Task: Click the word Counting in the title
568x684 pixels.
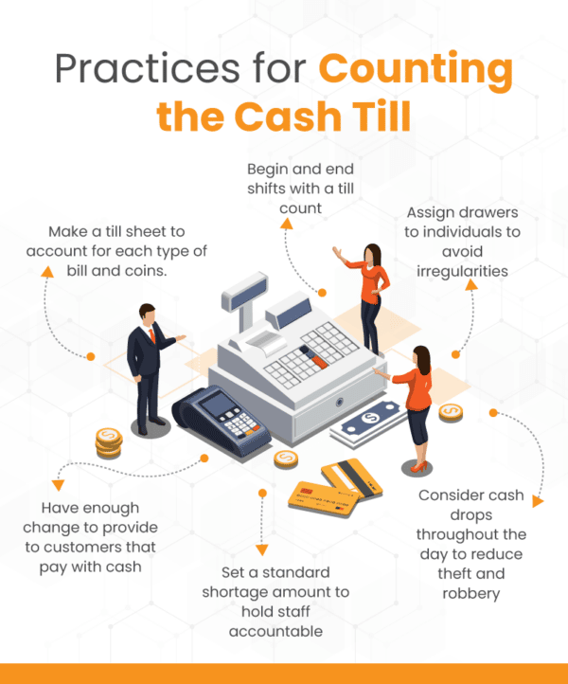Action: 416,72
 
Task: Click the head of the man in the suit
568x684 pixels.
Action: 147,313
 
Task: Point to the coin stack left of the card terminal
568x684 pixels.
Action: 108,441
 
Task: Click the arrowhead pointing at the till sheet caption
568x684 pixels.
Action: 44,269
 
